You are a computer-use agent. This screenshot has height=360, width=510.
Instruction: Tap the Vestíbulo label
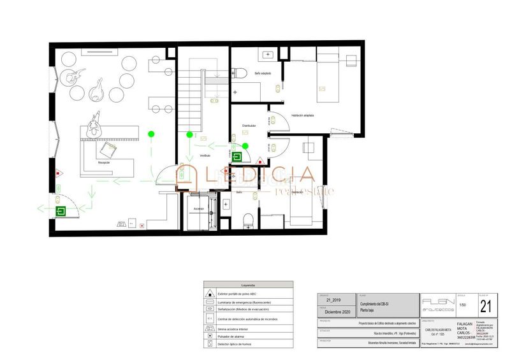click(205, 155)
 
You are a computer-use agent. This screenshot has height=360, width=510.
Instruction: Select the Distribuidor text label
click(249, 126)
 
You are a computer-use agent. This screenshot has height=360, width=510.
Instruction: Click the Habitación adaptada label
click(303, 115)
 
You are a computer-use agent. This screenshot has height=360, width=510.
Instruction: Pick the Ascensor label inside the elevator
click(199, 209)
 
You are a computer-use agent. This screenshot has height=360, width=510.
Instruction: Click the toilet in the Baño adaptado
click(240, 73)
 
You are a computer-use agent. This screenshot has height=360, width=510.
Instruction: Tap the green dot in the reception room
click(151, 134)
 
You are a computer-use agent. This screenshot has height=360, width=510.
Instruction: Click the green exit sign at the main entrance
click(62, 211)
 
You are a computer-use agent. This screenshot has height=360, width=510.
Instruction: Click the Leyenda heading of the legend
click(248, 285)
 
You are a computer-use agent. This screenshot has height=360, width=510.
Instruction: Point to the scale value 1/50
click(462, 306)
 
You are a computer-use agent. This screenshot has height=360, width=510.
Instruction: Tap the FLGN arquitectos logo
click(437, 303)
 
